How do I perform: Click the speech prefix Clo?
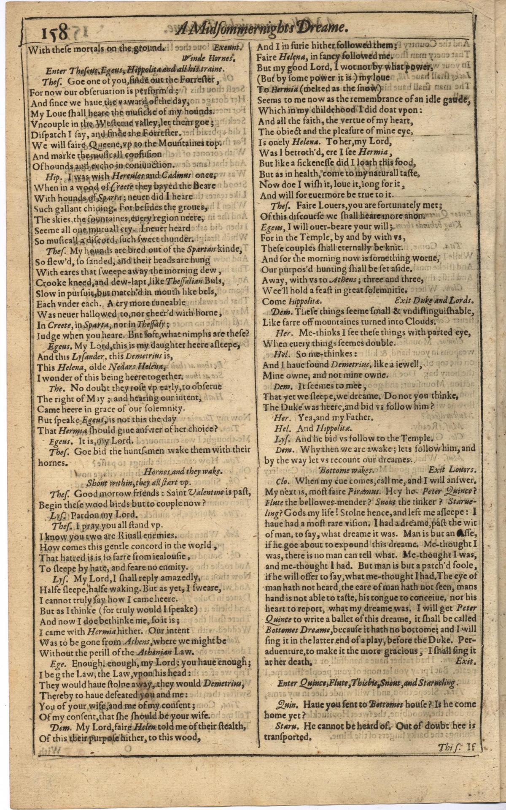(x=282, y=481)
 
